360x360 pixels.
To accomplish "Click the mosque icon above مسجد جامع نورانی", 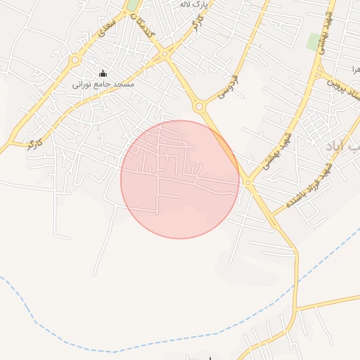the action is point(103,73).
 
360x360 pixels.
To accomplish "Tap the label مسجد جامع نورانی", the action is point(103,84).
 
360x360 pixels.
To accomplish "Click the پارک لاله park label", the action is point(194,5).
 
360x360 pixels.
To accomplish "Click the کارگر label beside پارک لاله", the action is point(194,27).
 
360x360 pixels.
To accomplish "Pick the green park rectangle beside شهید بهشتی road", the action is point(314,41).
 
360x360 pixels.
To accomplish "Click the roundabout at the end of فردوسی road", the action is point(200,107).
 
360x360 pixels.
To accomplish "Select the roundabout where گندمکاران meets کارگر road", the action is point(165,53).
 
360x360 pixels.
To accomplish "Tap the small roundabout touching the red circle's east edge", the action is point(247,182).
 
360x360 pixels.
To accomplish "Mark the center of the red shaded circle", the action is point(180,179).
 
